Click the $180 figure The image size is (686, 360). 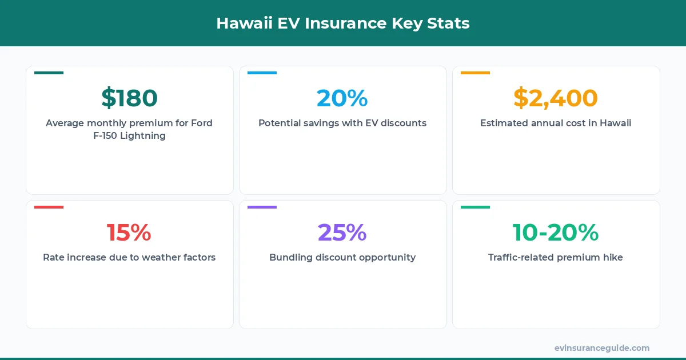point(129,98)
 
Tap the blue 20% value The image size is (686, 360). point(342,98)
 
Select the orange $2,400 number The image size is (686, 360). point(556,98)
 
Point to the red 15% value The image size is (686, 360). point(129,233)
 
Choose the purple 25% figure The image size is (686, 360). point(342,233)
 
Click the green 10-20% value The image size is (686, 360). point(556,233)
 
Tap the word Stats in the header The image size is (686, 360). point(448,23)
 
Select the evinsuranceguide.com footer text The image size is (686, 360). point(602,348)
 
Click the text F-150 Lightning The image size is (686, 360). point(129,136)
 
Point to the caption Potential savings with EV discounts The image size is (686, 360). point(342,123)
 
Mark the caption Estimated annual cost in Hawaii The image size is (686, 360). point(556,123)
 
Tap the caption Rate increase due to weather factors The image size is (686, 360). point(129,258)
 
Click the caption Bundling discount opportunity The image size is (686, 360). point(342,258)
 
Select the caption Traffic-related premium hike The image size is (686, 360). point(556,258)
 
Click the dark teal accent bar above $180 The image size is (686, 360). point(49,73)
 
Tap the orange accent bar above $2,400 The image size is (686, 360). point(475,73)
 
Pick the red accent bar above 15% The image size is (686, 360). point(49,207)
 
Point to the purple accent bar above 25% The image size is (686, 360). point(262,207)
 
